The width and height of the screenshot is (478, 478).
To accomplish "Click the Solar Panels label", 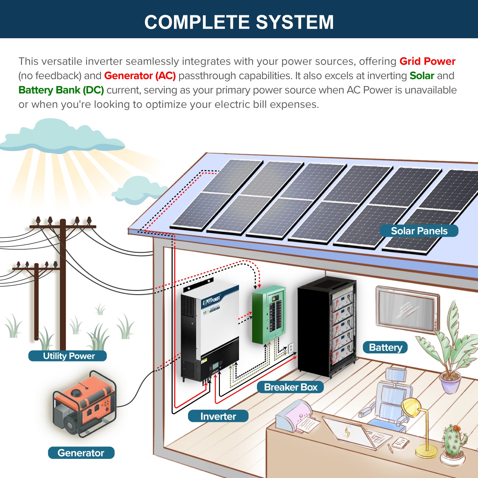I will coord(419,231).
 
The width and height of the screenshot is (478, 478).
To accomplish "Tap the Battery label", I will coord(385,347).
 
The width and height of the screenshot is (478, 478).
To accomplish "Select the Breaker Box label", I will coord(290,387).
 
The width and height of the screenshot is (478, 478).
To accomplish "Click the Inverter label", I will coord(218,416).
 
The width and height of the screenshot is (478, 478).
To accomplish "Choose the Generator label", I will coord(81,453).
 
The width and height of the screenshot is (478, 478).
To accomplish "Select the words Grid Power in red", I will coord(427,61).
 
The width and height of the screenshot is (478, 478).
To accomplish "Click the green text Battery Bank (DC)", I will coord(61,90).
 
